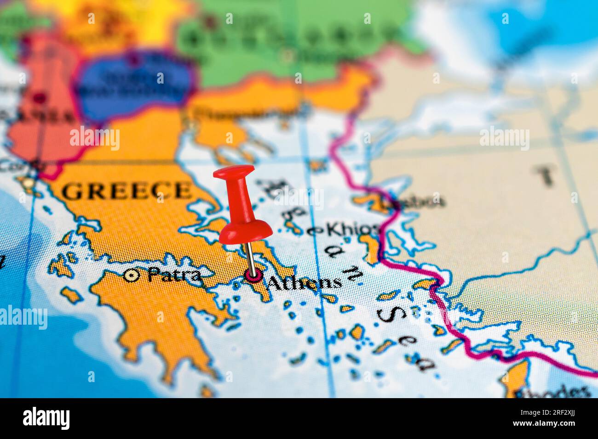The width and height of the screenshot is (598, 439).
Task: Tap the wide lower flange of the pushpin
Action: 245,232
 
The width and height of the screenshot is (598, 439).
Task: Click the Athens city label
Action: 305,282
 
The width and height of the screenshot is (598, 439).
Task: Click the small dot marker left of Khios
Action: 316,231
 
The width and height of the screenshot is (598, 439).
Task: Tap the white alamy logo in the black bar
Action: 46,418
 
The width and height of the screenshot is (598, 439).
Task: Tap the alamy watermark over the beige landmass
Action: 504,138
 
